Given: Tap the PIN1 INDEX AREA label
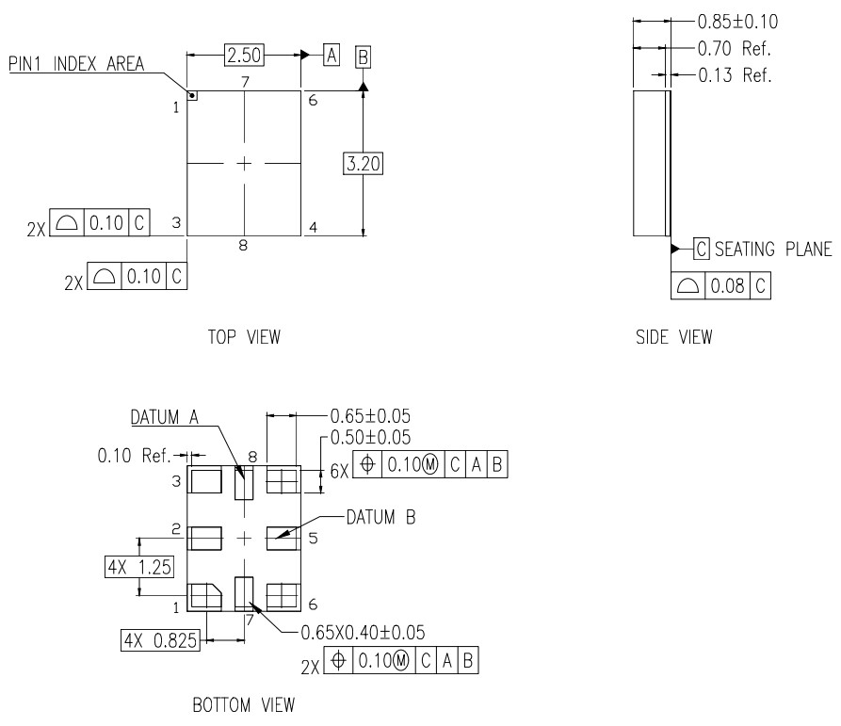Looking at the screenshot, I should tap(76, 64).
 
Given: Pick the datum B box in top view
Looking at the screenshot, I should tap(363, 56).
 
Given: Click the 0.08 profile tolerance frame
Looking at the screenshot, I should tap(720, 285).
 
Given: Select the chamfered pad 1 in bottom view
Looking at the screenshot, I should tap(204, 596).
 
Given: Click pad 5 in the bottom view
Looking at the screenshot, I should tap(283, 538).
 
